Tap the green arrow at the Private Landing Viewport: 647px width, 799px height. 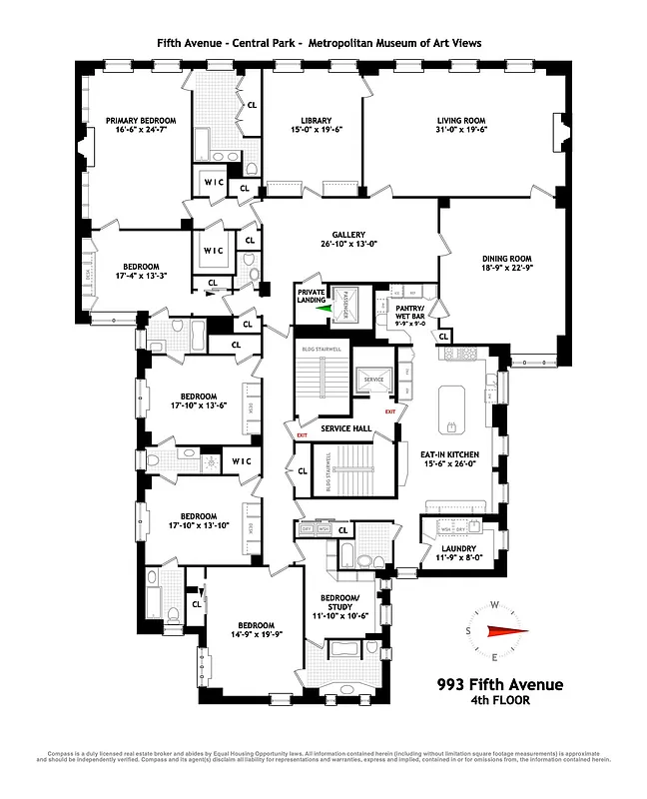323,309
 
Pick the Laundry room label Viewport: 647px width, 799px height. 452,548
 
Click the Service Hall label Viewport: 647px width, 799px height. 345,428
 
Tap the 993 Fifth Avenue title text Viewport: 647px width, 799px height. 499,684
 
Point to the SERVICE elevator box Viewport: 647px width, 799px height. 373,380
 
